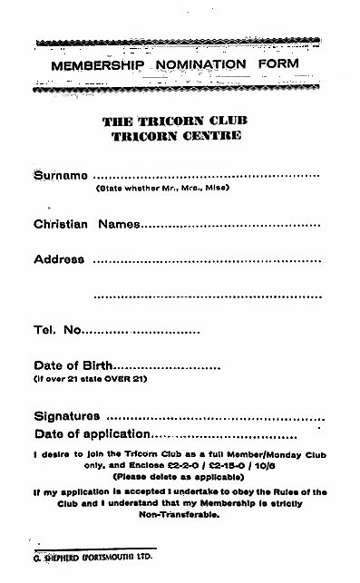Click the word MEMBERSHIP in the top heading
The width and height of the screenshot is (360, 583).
90,66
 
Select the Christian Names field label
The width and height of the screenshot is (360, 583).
85,223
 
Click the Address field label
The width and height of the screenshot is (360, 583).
59,258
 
